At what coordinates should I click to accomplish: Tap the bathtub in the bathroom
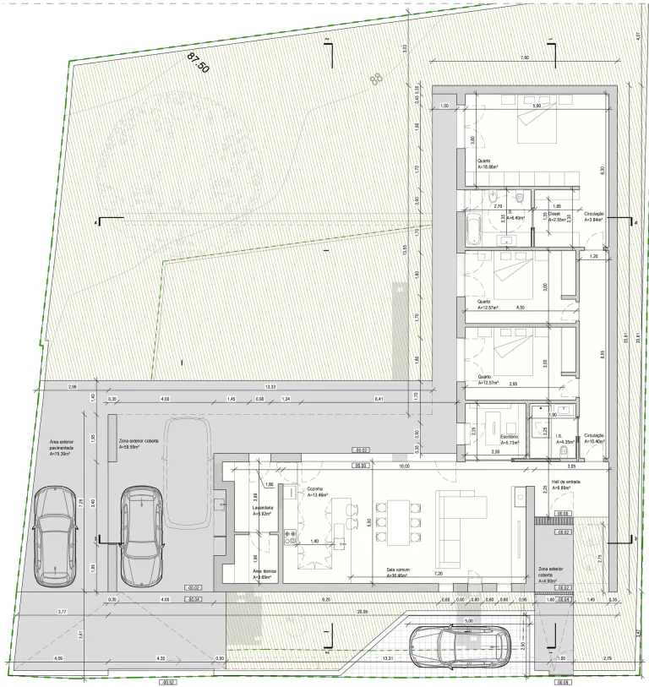coord(474,228)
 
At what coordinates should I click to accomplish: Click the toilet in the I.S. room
coord(563,451)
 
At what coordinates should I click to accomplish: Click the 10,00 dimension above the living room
coord(405,466)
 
